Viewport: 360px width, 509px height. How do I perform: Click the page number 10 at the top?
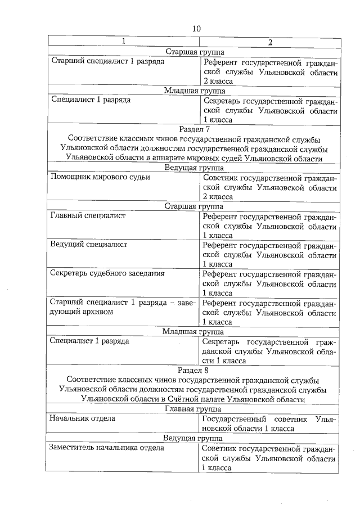195,28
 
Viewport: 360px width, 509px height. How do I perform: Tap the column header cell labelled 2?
270,42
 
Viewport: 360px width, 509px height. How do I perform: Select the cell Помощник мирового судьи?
100,177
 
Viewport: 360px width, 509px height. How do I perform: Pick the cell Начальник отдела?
82,418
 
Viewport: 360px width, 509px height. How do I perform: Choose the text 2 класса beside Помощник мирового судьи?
218,197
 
